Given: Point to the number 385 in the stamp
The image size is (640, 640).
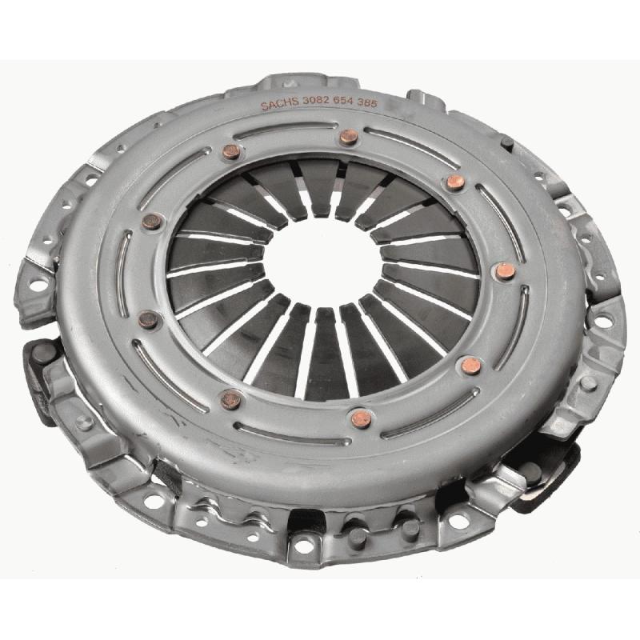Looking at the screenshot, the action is (367, 102).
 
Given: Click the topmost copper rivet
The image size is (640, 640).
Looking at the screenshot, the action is (349, 137).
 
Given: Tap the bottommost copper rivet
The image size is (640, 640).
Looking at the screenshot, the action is (362, 418).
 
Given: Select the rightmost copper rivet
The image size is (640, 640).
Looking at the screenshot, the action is (506, 271).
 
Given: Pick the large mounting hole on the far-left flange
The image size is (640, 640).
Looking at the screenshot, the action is (38, 285).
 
